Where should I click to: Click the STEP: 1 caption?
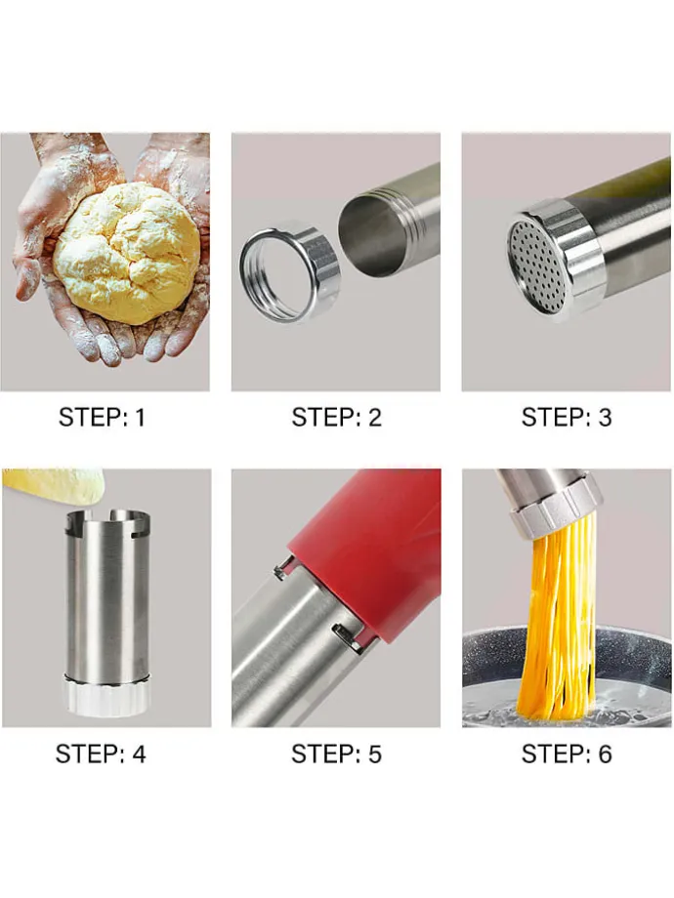pos(102,417)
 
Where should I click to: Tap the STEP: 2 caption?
pos(336,417)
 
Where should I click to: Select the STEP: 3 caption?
pos(567,417)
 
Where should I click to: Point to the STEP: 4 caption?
pos(101,754)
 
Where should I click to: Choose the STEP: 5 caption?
pos(336,754)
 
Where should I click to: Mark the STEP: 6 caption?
pos(567,754)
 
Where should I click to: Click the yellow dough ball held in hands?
pos(127,252)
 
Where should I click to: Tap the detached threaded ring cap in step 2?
pos(289,271)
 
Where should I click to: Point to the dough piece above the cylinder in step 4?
pos(54,484)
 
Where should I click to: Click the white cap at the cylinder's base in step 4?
pos(106,695)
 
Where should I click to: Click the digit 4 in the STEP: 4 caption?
pos(140,754)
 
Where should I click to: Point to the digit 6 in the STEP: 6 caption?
pos(605,754)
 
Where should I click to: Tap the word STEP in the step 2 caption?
pos(322,417)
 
